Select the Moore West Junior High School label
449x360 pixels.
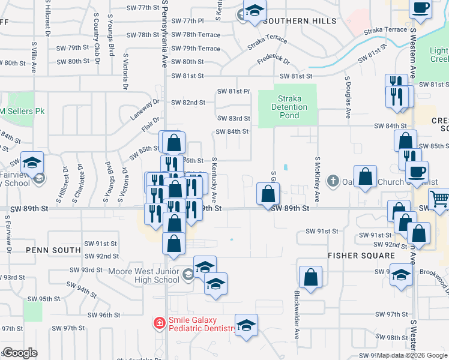(143, 275)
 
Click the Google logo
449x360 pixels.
(20, 353)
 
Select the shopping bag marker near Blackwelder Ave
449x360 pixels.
(311, 277)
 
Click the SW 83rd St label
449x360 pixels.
(234, 119)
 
